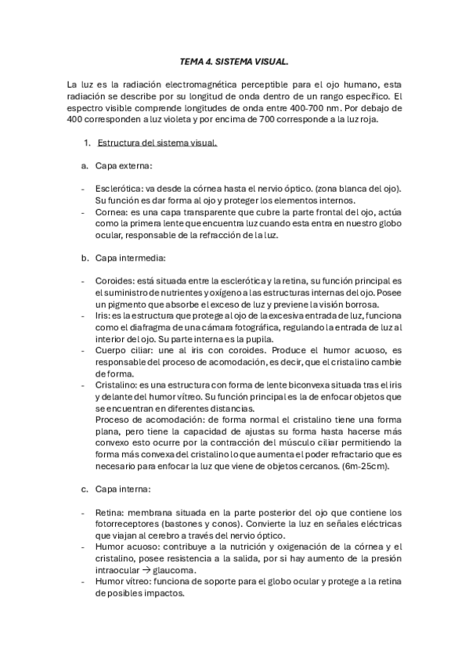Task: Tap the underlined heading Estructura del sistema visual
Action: coord(157,143)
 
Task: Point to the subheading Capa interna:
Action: coord(124,489)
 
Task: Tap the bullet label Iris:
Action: coord(103,316)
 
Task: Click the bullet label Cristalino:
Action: coord(117,385)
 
